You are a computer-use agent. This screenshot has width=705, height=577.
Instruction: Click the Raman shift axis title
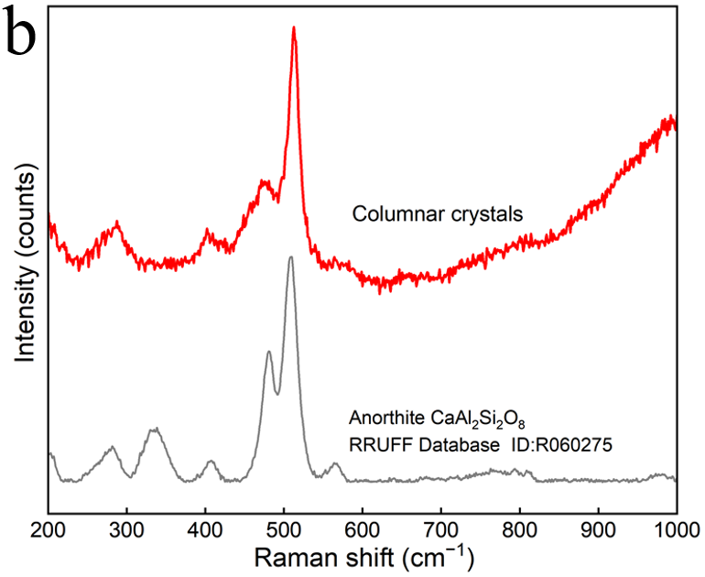pyautogui.click(x=363, y=557)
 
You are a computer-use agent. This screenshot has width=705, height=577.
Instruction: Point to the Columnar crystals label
pyautogui.click(x=438, y=216)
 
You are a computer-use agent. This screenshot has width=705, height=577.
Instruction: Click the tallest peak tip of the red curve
pyautogui.click(x=294, y=28)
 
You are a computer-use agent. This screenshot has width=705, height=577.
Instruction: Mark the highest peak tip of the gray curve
pyautogui.click(x=290, y=257)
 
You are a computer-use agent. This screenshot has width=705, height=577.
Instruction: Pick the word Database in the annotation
pyautogui.click(x=446, y=446)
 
